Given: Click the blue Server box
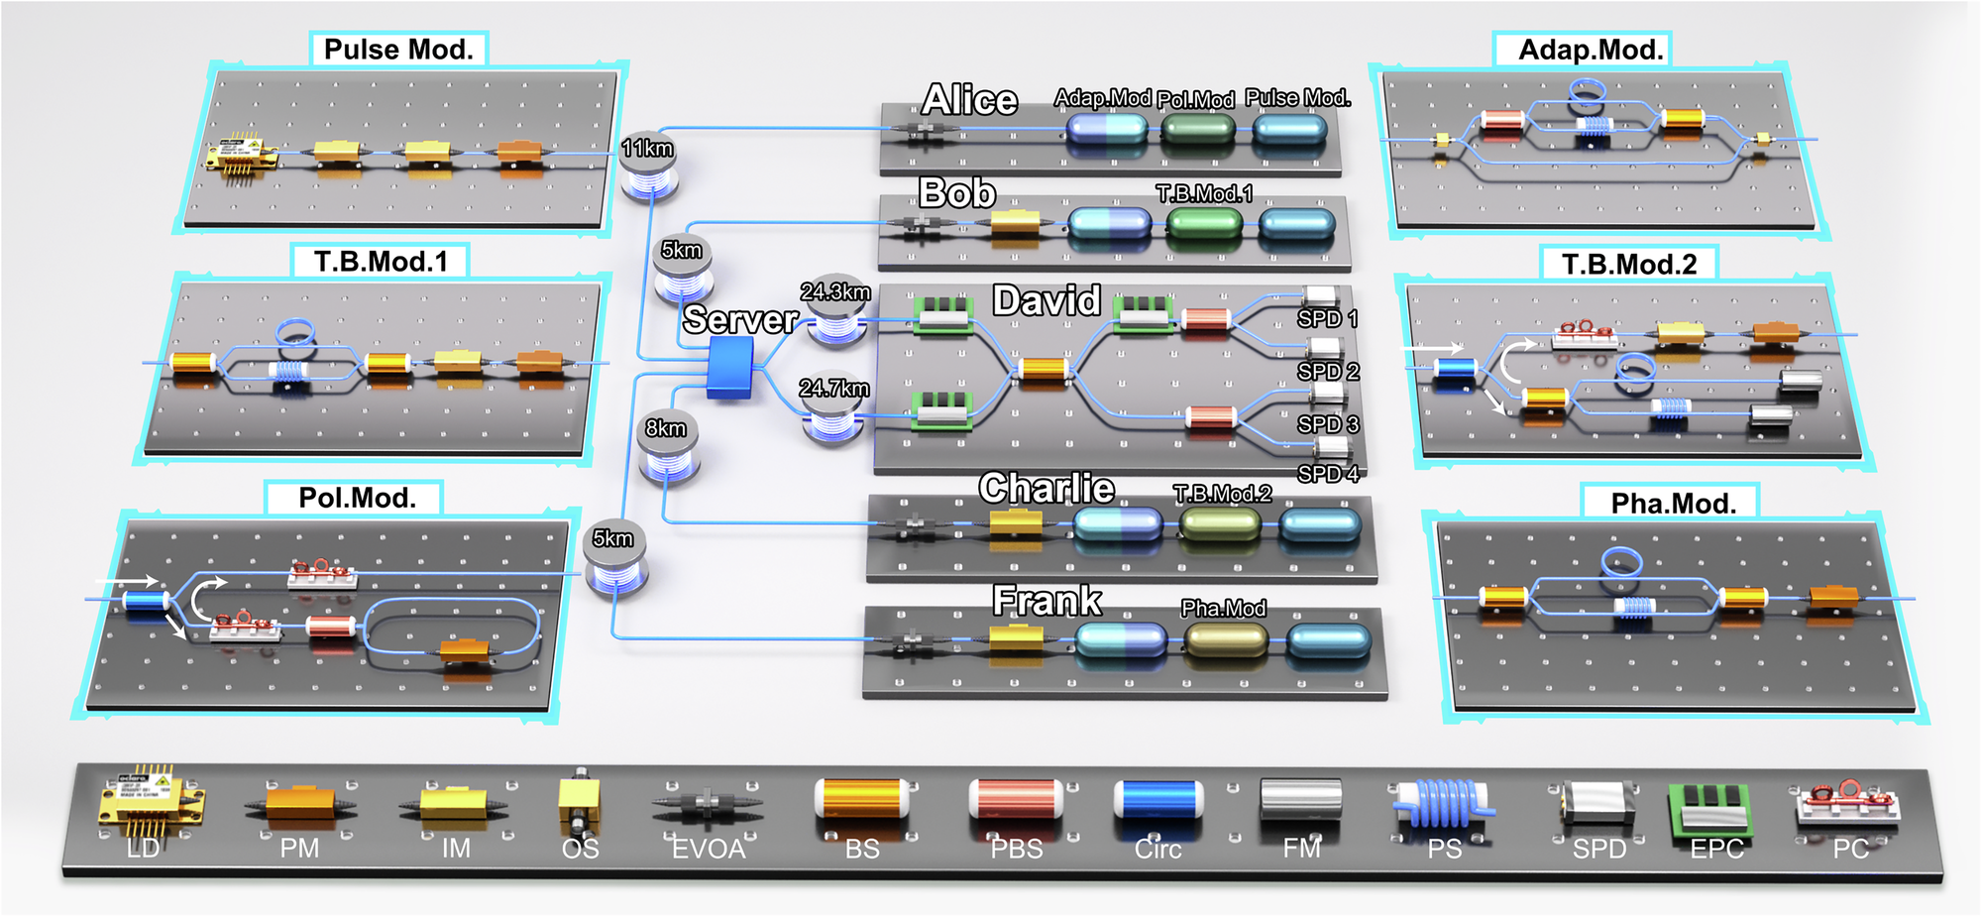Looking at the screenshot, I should [730, 367].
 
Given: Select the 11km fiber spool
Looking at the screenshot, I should [649, 166].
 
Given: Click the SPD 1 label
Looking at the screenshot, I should [1327, 319].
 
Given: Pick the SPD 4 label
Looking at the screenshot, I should [1328, 474].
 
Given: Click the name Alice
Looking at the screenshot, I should [969, 100].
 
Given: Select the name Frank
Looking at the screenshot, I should [1046, 601].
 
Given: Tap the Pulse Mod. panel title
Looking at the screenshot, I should [398, 50].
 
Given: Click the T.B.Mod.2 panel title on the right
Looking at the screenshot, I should [1629, 265].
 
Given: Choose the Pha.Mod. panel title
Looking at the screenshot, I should [1673, 504].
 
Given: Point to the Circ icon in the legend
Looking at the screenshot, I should [1157, 800].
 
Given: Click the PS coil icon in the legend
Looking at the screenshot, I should [1444, 804].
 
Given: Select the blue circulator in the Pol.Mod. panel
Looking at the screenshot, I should [146, 601].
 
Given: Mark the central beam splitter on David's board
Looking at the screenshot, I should [1044, 371].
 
